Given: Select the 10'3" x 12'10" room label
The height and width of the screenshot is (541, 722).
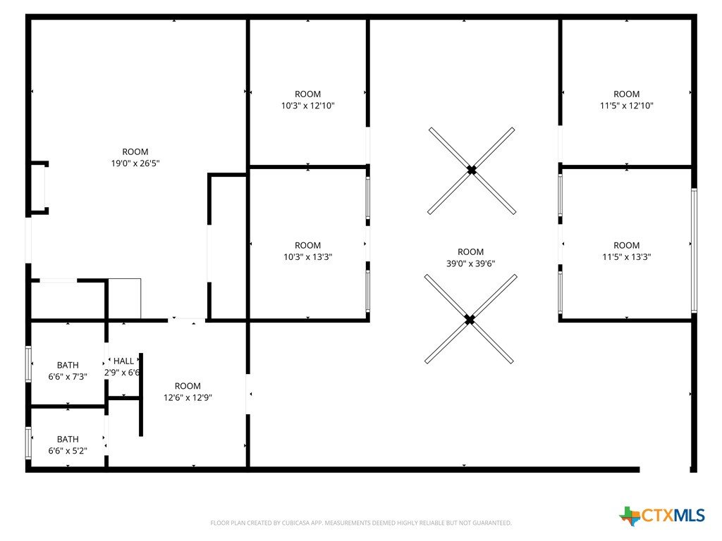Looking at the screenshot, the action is [307, 100].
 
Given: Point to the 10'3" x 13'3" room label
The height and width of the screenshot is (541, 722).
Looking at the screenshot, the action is [307, 251].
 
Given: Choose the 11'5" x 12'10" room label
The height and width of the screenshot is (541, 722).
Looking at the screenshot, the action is [626, 100].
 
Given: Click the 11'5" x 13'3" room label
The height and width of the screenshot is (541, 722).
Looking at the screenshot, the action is [626, 251].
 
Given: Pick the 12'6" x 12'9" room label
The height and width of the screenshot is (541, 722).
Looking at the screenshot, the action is [188, 392].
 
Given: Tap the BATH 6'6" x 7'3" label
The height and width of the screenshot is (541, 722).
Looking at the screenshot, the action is [68, 371].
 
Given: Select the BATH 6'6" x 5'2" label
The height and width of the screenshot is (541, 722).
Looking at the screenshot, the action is [68, 445].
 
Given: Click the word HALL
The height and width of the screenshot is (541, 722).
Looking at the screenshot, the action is [123, 361].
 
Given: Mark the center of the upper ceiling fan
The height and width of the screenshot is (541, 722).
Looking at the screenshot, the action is [472, 170].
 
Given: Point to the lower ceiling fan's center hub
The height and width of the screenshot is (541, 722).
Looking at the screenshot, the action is [469, 319].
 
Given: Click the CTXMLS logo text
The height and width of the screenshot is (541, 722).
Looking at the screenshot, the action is [673, 515].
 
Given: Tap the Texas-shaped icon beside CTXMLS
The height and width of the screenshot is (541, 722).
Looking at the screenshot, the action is [630, 516].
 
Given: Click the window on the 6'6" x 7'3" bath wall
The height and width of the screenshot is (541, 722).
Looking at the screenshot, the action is [28, 364].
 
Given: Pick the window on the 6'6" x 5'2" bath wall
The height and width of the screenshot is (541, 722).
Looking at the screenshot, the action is [28, 443].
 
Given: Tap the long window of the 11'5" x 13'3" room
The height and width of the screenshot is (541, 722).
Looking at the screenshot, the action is [694, 251].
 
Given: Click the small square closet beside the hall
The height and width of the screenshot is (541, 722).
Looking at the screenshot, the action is [124, 299].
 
